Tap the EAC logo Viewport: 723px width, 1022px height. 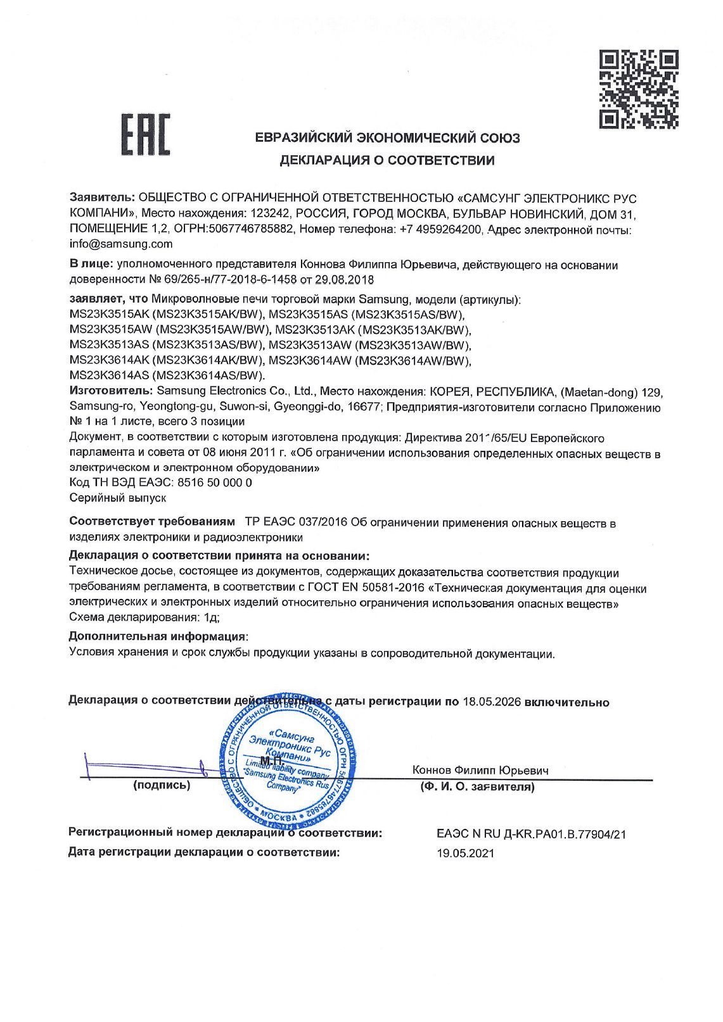pos(145,134)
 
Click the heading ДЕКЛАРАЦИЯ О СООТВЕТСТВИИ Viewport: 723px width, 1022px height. pos(387,160)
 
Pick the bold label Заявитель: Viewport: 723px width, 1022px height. pos(102,198)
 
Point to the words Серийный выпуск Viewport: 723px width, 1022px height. pos(117,498)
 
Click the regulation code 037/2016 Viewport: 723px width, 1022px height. pos(319,524)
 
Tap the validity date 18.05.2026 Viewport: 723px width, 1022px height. pos(491,702)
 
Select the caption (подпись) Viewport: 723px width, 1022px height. pos(161,786)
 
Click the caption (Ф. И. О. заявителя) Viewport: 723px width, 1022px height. pos(477,787)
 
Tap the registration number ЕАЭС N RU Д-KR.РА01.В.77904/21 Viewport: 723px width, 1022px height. pos(531,835)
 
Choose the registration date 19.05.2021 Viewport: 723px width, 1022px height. pos(465,853)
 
